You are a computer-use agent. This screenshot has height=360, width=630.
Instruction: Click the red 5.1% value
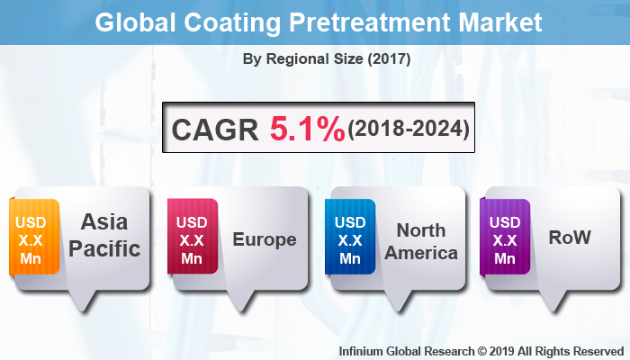click(307, 130)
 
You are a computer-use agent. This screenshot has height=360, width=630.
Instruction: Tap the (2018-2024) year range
click(409, 130)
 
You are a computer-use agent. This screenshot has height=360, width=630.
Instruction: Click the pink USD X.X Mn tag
click(192, 239)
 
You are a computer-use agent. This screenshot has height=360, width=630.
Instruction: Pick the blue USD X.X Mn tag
click(349, 239)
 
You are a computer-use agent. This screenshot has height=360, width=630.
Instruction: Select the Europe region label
click(264, 239)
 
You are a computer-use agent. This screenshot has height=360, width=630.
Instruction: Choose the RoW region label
click(570, 238)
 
